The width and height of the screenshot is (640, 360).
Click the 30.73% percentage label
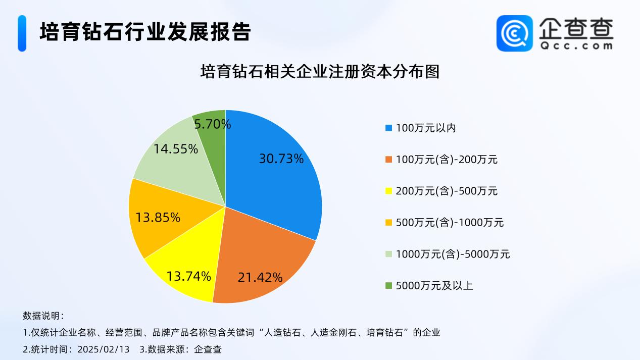click(x=281, y=159)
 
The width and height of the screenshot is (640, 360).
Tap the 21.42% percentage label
click(x=260, y=277)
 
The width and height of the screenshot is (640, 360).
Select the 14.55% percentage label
click(x=176, y=149)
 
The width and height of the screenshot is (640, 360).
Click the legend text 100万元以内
click(x=426, y=128)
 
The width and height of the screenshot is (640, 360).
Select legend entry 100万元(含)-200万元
click(x=447, y=160)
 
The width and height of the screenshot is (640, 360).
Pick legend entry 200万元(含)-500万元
click(x=447, y=191)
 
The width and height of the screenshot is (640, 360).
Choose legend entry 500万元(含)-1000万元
click(x=450, y=223)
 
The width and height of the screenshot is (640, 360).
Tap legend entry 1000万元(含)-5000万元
click(x=453, y=254)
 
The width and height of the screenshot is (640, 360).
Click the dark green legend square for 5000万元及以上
click(x=388, y=286)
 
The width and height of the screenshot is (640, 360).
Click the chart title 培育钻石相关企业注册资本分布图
click(x=320, y=71)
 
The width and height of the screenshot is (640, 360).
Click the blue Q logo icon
click(x=514, y=33)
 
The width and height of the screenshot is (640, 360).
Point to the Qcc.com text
click(x=575, y=45)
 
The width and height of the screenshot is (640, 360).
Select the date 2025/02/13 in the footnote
click(x=104, y=349)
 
